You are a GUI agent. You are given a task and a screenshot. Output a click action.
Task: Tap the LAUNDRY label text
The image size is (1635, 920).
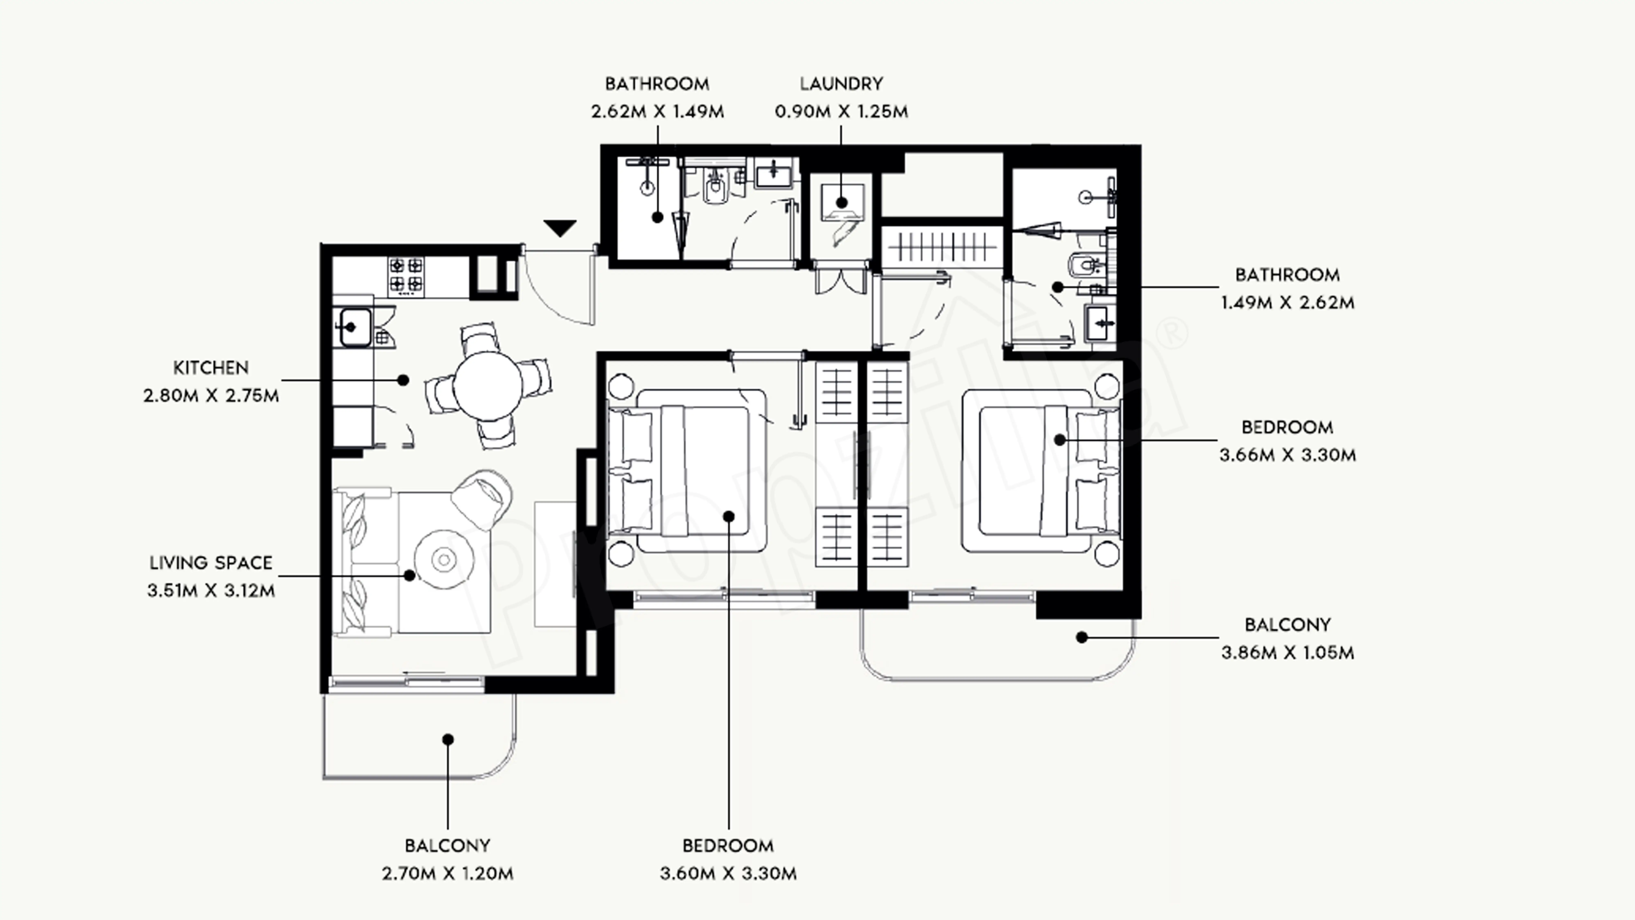pyautogui.click(x=841, y=84)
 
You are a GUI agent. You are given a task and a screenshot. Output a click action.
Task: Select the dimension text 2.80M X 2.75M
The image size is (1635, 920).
pyautogui.click(x=211, y=396)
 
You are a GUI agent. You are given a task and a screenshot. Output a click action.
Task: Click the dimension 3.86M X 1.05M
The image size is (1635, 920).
pyautogui.click(x=1287, y=653)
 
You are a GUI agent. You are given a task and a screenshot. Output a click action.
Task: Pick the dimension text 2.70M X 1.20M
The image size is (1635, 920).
pyautogui.click(x=447, y=874)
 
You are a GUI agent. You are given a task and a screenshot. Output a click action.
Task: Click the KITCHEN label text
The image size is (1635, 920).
pyautogui.click(x=211, y=368)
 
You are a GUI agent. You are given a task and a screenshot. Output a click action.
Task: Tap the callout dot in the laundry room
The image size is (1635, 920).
pyautogui.click(x=842, y=203)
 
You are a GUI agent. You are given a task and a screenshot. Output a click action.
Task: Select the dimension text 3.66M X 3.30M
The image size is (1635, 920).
pyautogui.click(x=1287, y=455)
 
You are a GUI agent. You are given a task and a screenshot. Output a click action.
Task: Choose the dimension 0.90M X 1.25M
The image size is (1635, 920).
pyautogui.click(x=841, y=112)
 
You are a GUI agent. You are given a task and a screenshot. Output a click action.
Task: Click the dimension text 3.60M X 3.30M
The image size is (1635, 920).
pyautogui.click(x=728, y=874)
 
